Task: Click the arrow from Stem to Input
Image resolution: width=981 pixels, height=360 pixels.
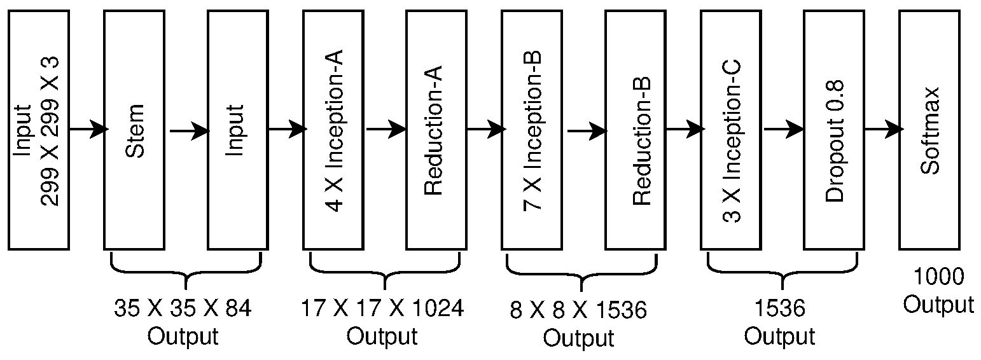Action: point(189,131)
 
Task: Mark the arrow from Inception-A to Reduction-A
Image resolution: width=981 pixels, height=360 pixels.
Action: point(386,130)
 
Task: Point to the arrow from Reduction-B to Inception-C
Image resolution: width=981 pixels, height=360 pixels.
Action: point(685,130)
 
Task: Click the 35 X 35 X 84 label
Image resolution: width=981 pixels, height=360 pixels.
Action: point(183,309)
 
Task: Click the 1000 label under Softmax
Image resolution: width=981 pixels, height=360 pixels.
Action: point(938,277)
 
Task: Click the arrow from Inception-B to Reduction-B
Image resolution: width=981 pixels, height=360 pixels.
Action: point(586,132)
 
